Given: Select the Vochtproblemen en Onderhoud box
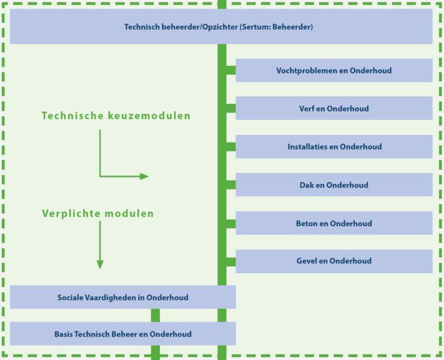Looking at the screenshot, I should pos(334,70).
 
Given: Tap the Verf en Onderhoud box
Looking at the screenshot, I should pos(334,108).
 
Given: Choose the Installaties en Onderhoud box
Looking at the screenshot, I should pos(334,146).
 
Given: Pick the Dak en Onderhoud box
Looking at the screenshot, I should pos(334,185).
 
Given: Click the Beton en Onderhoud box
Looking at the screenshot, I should pos(334,223).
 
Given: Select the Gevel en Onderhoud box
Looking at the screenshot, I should pos(334,260).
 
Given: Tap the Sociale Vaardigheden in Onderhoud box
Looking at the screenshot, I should pos(123,297).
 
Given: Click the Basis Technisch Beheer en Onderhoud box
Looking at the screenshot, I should pos(123,333).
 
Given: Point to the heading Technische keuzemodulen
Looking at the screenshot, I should pos(116,116).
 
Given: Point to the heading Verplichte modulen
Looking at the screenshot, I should pos(98,214).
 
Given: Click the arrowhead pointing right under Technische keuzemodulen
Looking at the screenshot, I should pos(145,176).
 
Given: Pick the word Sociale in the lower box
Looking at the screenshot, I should pos(70,297).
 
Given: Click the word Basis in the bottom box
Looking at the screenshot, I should pos(64,333).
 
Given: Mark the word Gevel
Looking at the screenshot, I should pos(307,260).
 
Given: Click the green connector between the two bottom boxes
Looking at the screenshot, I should pos(155,315).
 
